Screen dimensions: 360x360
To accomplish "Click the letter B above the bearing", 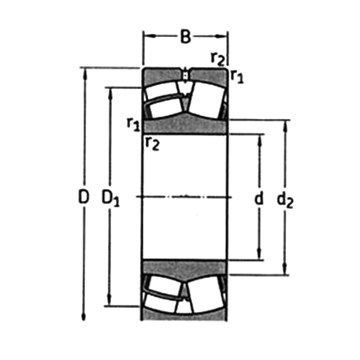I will (x=185, y=35).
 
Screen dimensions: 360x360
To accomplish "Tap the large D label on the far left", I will (x=84, y=199).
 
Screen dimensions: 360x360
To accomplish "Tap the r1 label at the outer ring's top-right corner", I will (x=236, y=76).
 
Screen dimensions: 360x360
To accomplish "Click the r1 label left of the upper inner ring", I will (x=134, y=123).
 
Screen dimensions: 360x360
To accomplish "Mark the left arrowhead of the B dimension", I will (x=146, y=35).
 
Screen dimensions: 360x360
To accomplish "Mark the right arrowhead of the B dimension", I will (x=225, y=35).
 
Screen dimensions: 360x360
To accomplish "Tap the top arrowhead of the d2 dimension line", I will (x=285, y=124).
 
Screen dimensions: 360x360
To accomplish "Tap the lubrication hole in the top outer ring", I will (x=185, y=76).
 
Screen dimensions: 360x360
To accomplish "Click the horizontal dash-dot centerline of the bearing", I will (x=185, y=195).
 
